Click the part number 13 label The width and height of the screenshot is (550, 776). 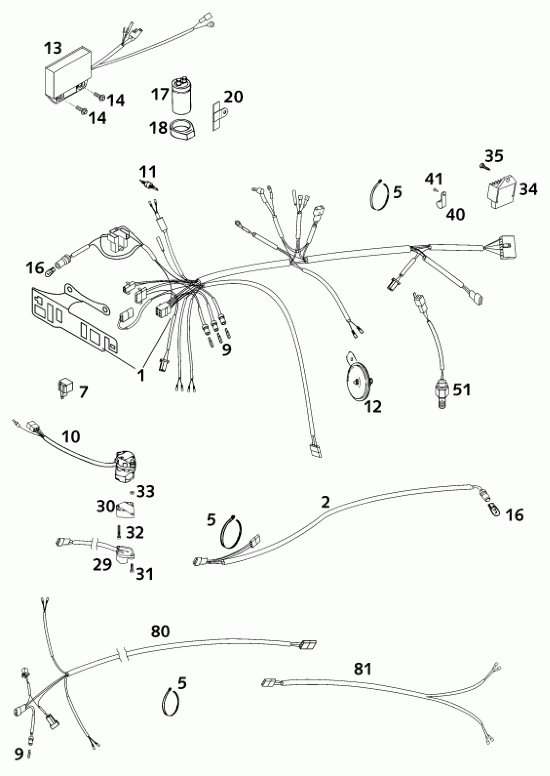53,48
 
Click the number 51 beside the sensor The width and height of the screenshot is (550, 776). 462,390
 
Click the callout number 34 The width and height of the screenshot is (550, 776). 528,190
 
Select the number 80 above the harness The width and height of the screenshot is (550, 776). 160,632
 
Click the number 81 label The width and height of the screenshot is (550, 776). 362,669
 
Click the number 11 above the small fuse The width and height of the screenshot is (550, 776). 148,172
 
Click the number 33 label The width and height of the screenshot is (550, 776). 146,492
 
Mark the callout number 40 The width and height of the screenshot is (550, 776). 456,214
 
